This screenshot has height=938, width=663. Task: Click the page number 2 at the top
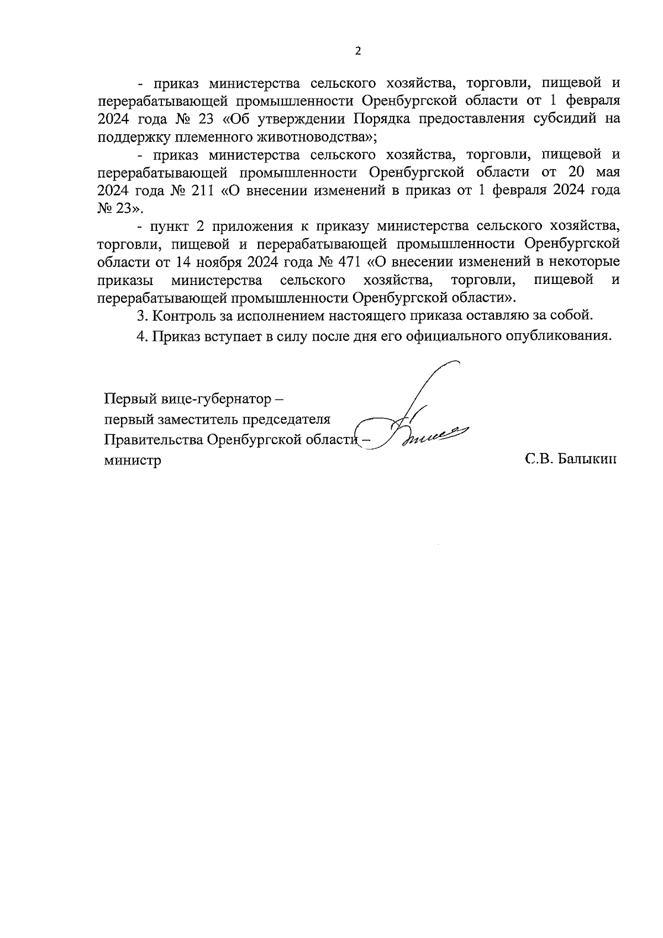357,51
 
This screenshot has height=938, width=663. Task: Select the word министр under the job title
133,460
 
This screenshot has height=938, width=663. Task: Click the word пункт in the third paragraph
170,226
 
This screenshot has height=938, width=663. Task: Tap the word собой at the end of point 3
572,316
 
